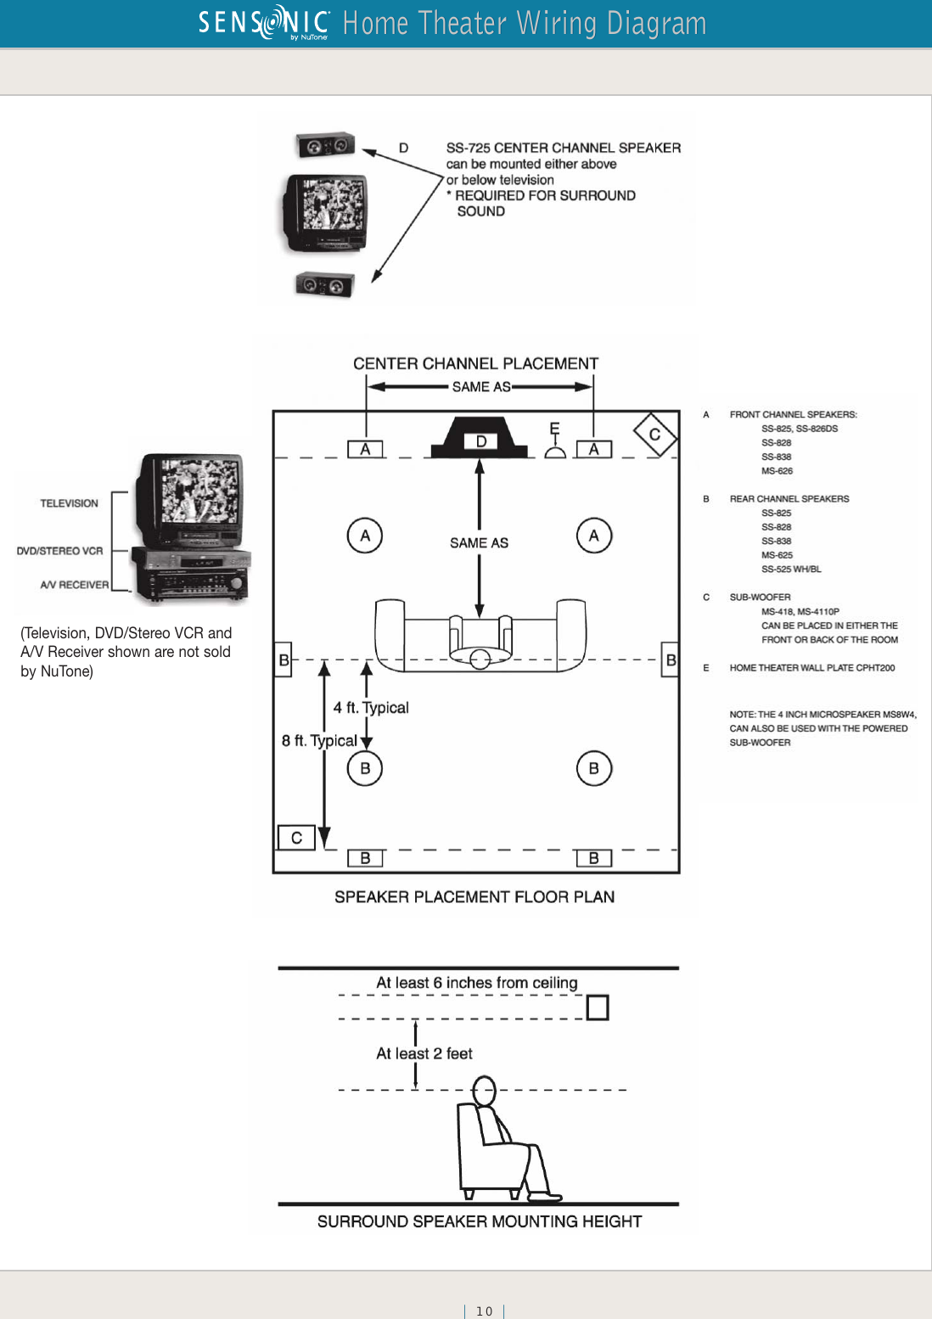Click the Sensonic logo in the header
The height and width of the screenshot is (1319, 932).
point(264,23)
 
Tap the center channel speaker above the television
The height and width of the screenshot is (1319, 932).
point(325,145)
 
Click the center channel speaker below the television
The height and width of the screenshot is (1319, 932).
point(324,284)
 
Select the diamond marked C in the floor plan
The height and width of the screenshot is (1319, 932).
point(654,435)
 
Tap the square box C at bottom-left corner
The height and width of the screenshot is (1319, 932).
point(296,838)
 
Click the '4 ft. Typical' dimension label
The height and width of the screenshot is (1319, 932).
point(371,708)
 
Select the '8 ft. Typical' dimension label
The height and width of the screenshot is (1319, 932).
point(319,741)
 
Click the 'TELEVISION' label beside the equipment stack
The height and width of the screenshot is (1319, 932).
point(69,503)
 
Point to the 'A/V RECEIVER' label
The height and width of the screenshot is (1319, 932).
point(74,585)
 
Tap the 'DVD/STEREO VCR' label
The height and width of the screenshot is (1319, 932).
point(59,551)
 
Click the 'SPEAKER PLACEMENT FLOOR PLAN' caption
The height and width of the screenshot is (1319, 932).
point(474,897)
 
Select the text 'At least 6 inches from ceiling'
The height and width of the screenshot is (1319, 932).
point(476,983)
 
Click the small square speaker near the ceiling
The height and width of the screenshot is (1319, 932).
point(598,1007)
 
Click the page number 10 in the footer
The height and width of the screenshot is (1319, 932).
point(484,1311)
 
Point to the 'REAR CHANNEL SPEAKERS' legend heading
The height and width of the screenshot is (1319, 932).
point(789,499)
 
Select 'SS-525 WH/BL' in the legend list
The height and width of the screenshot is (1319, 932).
point(791,570)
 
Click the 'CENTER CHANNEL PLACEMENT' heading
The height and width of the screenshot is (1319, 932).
point(475,364)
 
